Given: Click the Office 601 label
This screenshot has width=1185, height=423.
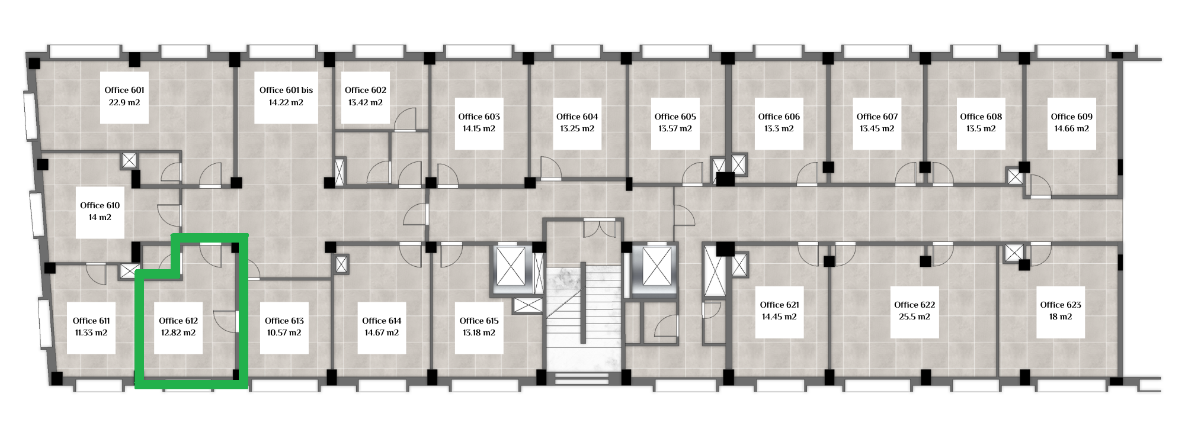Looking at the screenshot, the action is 124,90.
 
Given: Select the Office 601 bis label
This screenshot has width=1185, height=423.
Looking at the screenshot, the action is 286,90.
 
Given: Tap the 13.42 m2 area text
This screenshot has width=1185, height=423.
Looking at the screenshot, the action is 366,102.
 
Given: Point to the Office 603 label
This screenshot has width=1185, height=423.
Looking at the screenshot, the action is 479,117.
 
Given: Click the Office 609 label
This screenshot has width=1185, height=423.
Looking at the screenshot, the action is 1071,117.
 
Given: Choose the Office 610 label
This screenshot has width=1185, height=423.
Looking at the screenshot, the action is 100,205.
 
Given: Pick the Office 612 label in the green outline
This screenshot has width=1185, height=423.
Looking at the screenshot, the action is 178,321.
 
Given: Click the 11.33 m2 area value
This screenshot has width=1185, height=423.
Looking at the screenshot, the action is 91,332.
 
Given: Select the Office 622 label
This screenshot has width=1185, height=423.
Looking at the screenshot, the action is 914,305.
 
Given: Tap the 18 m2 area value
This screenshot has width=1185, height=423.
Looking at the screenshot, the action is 1061,317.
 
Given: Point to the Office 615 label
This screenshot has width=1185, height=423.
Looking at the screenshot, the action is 479,321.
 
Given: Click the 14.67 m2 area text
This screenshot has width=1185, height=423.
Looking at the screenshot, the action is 382,332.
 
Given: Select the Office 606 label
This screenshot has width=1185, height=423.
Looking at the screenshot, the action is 779,117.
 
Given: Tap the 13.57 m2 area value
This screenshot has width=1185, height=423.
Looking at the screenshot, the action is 675,128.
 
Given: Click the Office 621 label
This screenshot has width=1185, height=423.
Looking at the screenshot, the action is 779,305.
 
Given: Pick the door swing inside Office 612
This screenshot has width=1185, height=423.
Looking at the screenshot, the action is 226,321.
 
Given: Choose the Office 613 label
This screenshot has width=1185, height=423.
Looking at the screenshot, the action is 284,321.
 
